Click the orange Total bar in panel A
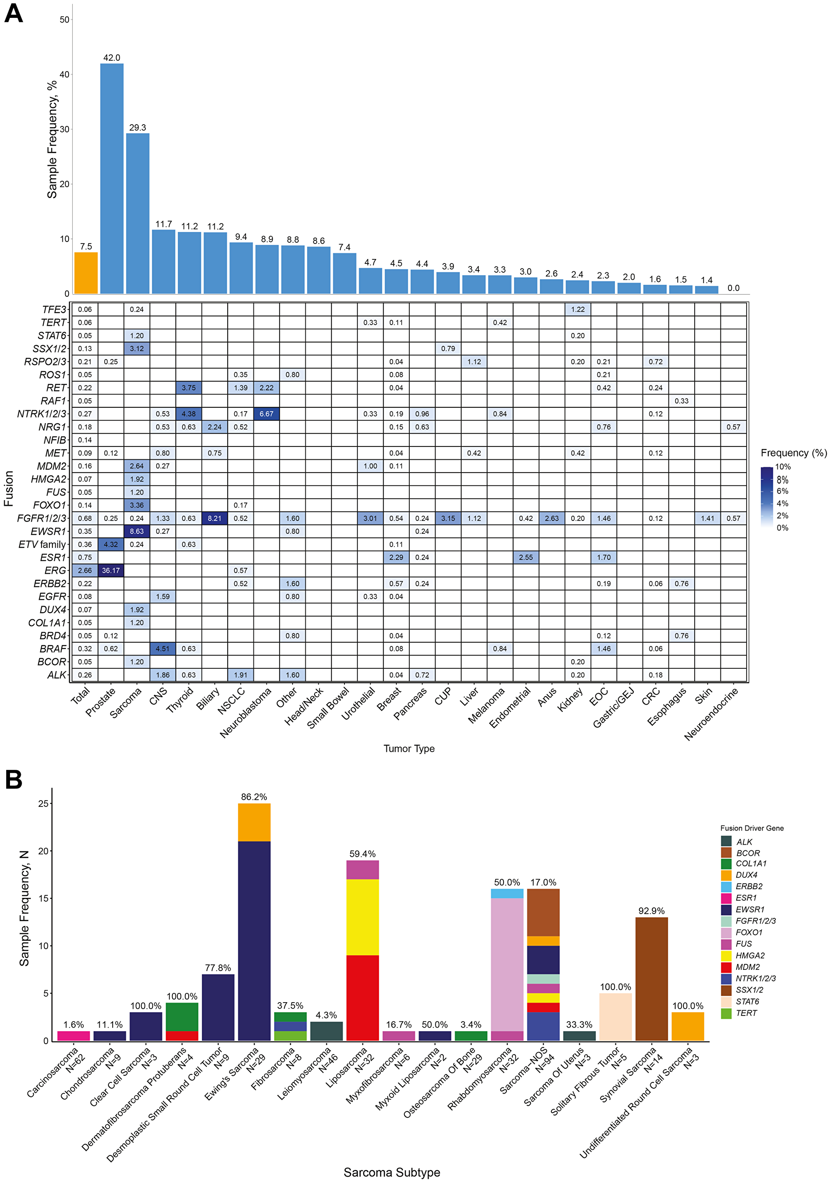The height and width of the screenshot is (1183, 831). [x=86, y=273]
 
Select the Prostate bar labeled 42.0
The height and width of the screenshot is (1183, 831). [x=112, y=178]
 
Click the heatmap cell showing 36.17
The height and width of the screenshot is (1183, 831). [x=111, y=570]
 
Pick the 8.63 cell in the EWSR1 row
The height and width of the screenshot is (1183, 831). [x=137, y=531]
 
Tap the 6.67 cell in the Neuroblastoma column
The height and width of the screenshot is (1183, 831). [x=266, y=414]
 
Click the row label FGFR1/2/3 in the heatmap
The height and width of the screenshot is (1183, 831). [x=42, y=518]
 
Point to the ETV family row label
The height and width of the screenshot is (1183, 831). [x=42, y=545]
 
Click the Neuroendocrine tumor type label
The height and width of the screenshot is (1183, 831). [x=711, y=713]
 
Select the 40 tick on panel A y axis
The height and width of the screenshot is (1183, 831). [x=64, y=74]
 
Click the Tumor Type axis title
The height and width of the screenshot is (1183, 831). [x=409, y=749]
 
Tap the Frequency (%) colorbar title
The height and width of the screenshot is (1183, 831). [x=793, y=453]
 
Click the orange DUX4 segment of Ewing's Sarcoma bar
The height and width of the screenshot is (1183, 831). [x=254, y=822]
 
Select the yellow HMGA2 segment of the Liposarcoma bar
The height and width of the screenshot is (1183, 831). [x=363, y=917]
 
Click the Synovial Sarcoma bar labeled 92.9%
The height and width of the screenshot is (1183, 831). [x=652, y=979]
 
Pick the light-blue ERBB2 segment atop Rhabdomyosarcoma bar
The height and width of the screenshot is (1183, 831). [x=507, y=893]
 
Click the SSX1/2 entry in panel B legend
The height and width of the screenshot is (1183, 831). [x=749, y=990]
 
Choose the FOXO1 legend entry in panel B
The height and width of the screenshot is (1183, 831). [x=749, y=932]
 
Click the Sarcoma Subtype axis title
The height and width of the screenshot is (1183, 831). [x=391, y=1172]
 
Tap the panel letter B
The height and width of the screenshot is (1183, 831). [x=14, y=779]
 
